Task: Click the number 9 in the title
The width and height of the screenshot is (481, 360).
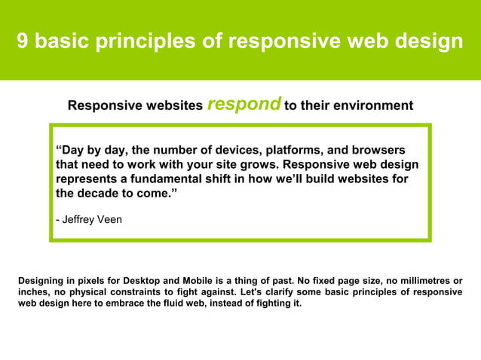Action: [23, 41]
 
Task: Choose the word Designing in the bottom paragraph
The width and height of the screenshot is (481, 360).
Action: [43, 281]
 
